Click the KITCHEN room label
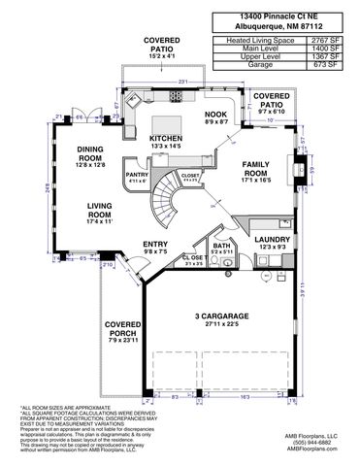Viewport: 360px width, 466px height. [165, 139]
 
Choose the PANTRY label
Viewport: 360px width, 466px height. [137, 174]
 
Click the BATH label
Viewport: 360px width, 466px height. [221, 247]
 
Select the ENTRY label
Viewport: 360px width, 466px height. [155, 244]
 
